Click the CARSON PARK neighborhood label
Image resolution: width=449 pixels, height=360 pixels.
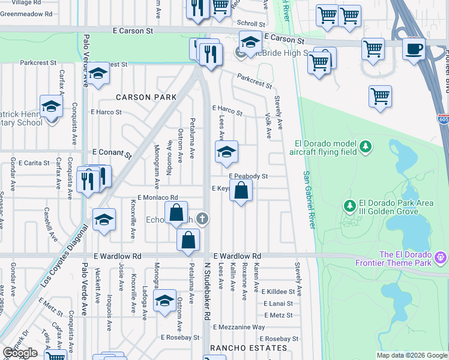pyautogui.click(x=146, y=97)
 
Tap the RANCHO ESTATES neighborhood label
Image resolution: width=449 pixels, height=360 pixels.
pyautogui.click(x=249, y=348)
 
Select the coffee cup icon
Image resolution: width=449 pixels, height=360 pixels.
pyautogui.click(x=414, y=49)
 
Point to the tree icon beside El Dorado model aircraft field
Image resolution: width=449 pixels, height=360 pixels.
pyautogui.click(x=364, y=146)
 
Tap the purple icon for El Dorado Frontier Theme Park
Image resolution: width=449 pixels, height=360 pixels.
pyautogui.click(x=441, y=257)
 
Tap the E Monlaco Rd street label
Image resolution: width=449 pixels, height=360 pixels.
pyautogui.click(x=158, y=197)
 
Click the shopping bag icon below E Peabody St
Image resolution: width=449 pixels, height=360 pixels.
pyautogui.click(x=241, y=192)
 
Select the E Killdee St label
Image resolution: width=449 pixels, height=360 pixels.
pyautogui.click(x=278, y=291)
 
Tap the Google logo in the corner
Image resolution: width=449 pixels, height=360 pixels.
pyautogui.click(x=20, y=353)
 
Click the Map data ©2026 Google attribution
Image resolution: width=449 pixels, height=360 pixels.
pyautogui.click(x=412, y=355)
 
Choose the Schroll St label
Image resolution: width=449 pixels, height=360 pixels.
pyautogui.click(x=247, y=23)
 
